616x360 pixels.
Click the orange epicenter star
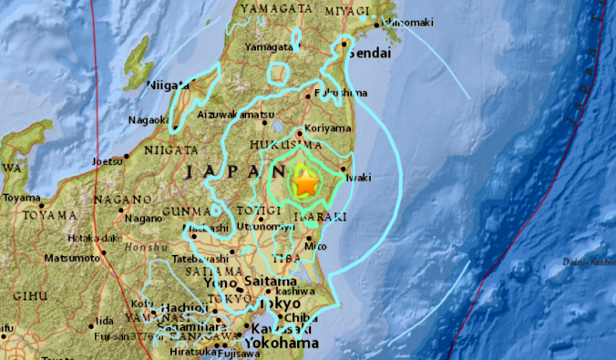[x=305, y=184]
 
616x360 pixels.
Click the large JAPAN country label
[x=219, y=171]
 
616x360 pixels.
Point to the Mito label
[x=316, y=246]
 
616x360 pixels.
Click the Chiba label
[x=295, y=317]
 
